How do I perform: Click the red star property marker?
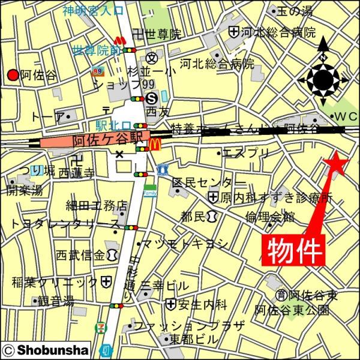334,163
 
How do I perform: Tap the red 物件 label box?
294,248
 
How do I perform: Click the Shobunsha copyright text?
46,349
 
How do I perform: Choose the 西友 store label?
159,112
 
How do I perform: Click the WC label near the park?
345,116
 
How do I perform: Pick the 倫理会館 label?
269,217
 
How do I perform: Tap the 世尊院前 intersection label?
95,50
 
